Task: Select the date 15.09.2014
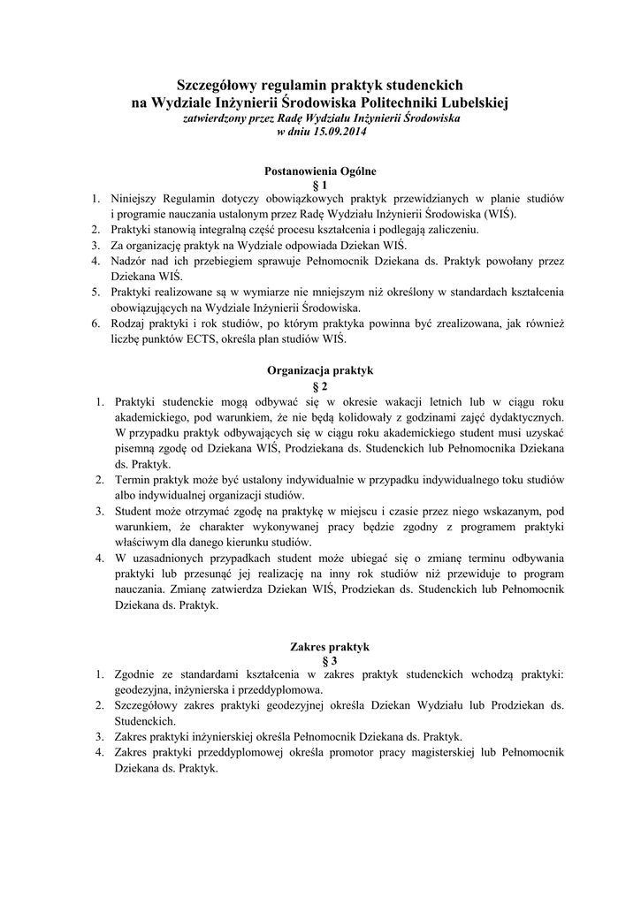point(337,132)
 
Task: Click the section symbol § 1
point(320,185)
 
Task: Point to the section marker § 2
point(320,386)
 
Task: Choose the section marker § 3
point(320,660)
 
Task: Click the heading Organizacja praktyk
point(320,372)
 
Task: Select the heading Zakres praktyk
point(320,646)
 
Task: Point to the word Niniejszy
point(135,199)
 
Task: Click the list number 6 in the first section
point(95,324)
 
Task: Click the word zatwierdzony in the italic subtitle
point(213,118)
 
